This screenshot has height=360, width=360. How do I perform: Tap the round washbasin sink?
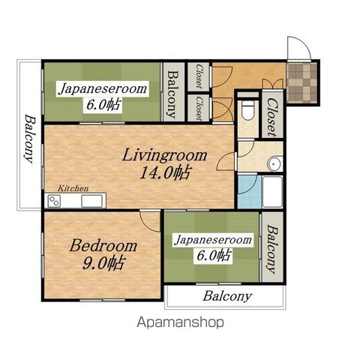coord(274,164)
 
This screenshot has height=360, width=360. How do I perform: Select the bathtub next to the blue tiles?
coord(272,192)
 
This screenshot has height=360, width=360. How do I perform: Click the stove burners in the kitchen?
coord(54,201)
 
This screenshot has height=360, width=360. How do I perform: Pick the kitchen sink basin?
coord(91,201)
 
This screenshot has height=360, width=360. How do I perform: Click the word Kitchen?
coord(73,188)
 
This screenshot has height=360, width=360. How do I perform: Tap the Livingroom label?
coord(164,155)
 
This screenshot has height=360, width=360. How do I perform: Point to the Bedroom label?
coord(103,245)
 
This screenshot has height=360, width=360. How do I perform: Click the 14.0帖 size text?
coord(166,172)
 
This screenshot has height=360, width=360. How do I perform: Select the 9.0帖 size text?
coord(103,263)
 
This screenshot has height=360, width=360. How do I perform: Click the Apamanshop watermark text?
coord(180,322)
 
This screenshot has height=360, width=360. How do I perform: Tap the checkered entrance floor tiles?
coord(301,83)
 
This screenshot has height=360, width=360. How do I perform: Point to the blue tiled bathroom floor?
coord(249,192)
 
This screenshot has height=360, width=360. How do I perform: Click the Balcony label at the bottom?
coord(227,296)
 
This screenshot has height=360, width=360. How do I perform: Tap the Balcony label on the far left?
coord(30,139)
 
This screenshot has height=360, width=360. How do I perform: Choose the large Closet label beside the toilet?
coord(272,117)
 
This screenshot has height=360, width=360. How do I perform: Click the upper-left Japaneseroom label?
coord(103,89)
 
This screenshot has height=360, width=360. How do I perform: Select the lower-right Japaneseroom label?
coord(213,240)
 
